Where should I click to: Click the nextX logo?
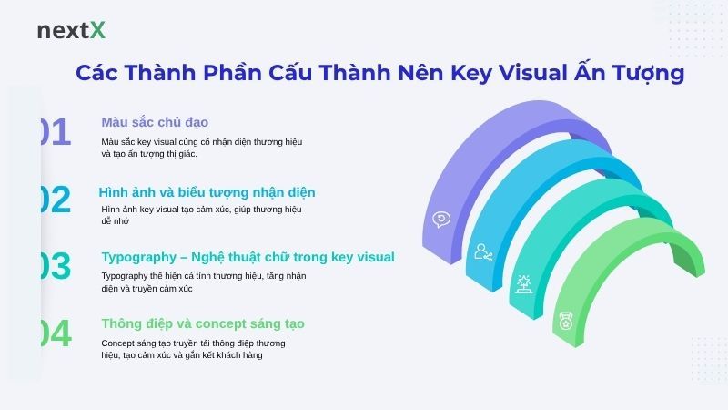(71, 30)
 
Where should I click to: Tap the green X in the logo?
(97, 30)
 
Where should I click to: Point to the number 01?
(54, 133)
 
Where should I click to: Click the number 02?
(54, 200)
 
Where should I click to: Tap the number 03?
(54, 267)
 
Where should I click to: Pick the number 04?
(54, 334)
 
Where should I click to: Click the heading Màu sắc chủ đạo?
(156, 122)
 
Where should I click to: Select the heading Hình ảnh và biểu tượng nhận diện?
(207, 192)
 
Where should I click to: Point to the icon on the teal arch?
(524, 283)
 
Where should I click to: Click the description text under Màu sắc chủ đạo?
(201, 148)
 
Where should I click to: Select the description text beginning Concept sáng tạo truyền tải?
(194, 349)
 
